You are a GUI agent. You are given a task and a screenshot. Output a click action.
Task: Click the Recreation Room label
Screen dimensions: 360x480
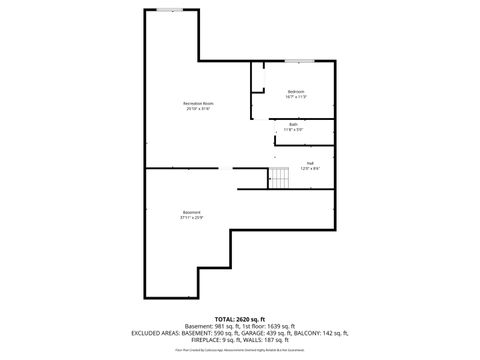pyautogui.click(x=198, y=104)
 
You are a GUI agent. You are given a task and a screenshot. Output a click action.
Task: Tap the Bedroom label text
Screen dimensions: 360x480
pyautogui.click(x=295, y=92)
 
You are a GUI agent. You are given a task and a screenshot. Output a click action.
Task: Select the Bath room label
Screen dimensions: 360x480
pyautogui.click(x=293, y=124)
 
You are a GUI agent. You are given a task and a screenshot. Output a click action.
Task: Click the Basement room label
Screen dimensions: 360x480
pyautogui.click(x=191, y=212)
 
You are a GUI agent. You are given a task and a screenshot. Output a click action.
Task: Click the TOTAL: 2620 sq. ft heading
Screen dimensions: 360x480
pyautogui.click(x=241, y=317)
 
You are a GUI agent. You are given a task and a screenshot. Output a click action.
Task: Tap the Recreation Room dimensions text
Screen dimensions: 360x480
pyautogui.click(x=198, y=109)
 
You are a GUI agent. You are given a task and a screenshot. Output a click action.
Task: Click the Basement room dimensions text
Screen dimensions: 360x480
pyautogui.click(x=191, y=217)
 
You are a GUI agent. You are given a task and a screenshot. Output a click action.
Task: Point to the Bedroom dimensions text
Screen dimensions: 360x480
pyautogui.click(x=295, y=97)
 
